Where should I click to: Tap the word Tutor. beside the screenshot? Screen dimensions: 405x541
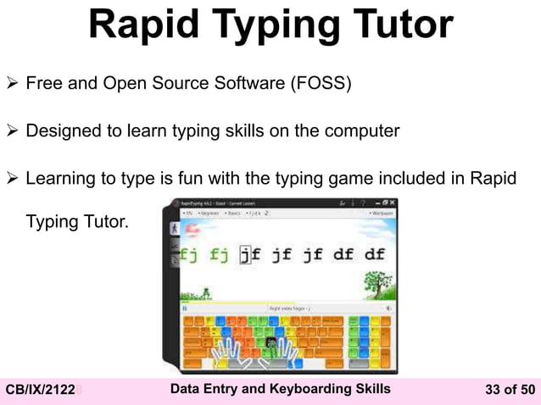pos(106,224)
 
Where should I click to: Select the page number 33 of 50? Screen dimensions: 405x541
pos(510,390)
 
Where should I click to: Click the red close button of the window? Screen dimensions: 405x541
pos(389,203)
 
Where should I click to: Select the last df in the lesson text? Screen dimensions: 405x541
pos(374,254)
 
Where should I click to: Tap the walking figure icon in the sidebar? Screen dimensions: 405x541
pos(175,229)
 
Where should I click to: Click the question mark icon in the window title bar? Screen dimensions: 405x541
pos(364,203)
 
